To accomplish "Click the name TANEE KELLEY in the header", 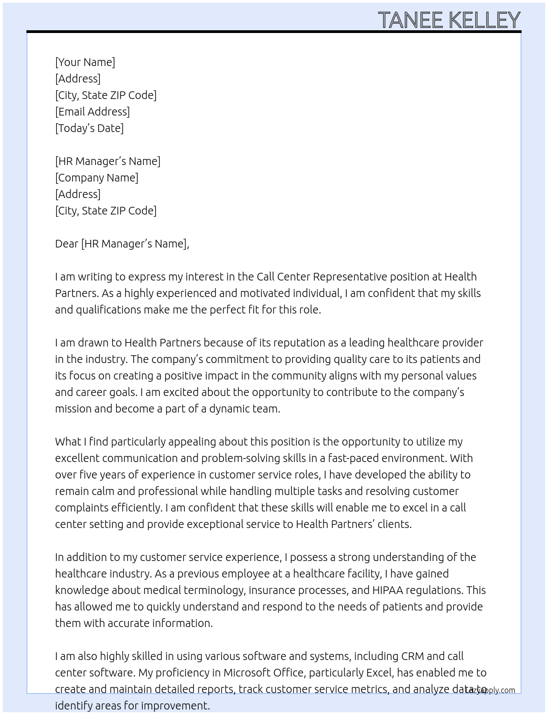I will click(x=449, y=20).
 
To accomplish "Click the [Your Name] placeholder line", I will click(x=85, y=62).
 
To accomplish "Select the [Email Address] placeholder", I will click(x=92, y=112).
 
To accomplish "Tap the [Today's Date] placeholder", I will click(x=89, y=128).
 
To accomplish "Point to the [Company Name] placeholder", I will click(x=97, y=178).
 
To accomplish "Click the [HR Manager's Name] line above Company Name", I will click(x=108, y=161).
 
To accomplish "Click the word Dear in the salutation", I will click(x=67, y=244).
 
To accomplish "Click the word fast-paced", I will click(x=352, y=458).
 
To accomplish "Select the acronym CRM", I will click(x=412, y=656).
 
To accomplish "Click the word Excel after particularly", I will click(x=380, y=673).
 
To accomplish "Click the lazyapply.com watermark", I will click(x=490, y=690).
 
